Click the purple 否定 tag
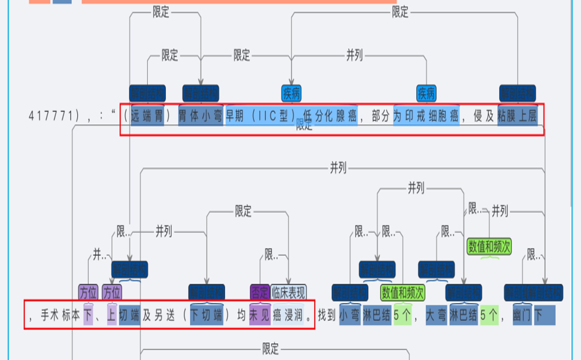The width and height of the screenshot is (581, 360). coord(260,292)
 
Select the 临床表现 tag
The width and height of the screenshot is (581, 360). coord(288,292)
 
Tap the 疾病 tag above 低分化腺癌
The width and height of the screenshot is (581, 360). coord(291,93)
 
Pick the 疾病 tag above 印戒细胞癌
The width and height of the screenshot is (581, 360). coord(426,93)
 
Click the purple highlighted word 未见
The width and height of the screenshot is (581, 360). coord(260,315)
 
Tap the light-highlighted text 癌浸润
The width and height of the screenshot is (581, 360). coord(288,315)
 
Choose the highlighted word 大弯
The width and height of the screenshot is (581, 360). coord(437,315)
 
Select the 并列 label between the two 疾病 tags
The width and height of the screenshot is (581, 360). coord(354,56)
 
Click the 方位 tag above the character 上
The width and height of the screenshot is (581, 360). coord(112,292)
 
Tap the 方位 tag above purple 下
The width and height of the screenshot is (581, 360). coord(88,292)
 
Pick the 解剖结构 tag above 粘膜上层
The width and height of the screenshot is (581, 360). coord(517,93)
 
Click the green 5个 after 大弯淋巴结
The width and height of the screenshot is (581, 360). coord(489,315)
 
